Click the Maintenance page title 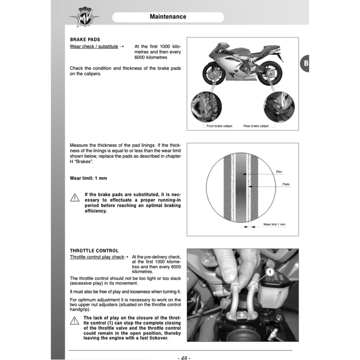[168, 17]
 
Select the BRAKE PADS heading [85, 40]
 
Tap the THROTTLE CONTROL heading [94, 251]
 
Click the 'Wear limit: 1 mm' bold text [88, 178]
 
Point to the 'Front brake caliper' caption [219, 126]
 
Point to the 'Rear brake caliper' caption [256, 126]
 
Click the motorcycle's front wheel [213, 73]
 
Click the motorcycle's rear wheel [270, 73]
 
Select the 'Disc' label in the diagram [279, 172]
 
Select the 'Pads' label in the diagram [286, 184]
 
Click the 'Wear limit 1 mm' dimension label [274, 224]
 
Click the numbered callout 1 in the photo [270, 272]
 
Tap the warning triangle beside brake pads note [75, 198]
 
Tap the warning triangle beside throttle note [75, 321]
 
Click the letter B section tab [306, 64]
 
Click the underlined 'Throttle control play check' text [97, 257]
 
